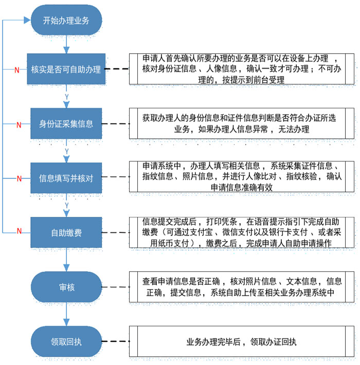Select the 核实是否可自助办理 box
[x=66, y=69]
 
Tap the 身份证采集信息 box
[x=66, y=123]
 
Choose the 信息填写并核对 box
[x=66, y=178]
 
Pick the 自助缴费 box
[x=66, y=232]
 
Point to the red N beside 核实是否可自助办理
[x=16, y=69]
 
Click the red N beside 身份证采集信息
[x=19, y=124]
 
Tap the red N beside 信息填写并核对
[x=19, y=179]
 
